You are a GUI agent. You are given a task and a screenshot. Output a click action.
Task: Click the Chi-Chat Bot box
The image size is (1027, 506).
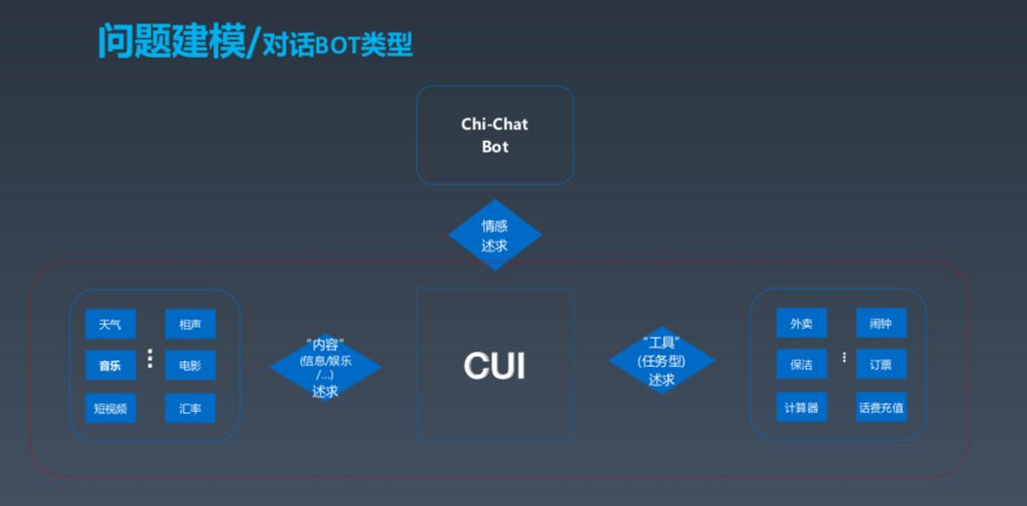click(x=495, y=135)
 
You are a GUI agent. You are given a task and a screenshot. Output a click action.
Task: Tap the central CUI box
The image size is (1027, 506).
click(x=495, y=364)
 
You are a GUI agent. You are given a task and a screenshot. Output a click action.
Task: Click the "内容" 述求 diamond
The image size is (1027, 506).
click(x=325, y=367)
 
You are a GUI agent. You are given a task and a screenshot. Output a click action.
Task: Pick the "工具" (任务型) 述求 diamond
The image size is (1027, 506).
click(x=661, y=362)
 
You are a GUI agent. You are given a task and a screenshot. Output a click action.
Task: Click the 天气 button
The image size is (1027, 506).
click(x=111, y=324)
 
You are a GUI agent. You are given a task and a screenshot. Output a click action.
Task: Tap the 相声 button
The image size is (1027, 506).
click(x=190, y=324)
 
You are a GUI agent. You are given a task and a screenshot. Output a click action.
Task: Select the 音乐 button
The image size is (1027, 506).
click(x=111, y=365)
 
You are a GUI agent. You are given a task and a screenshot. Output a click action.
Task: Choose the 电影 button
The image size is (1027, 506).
click(x=190, y=365)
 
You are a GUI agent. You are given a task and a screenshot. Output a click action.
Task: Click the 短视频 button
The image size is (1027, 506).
click(x=111, y=408)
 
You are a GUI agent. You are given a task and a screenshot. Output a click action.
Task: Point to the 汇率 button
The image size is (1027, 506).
click(x=190, y=408)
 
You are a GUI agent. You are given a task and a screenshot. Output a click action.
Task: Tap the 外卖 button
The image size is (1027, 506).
click(x=801, y=323)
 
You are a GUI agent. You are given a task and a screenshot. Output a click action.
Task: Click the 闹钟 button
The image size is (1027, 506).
click(x=880, y=323)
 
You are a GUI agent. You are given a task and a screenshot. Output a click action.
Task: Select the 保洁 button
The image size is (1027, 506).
click(x=801, y=364)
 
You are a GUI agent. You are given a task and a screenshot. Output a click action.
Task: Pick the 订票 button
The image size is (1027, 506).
click(x=880, y=364)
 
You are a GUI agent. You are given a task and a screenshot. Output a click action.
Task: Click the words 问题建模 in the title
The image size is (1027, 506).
click(x=171, y=42)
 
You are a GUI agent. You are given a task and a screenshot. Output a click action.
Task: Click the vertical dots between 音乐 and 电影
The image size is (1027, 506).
click(x=150, y=359)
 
